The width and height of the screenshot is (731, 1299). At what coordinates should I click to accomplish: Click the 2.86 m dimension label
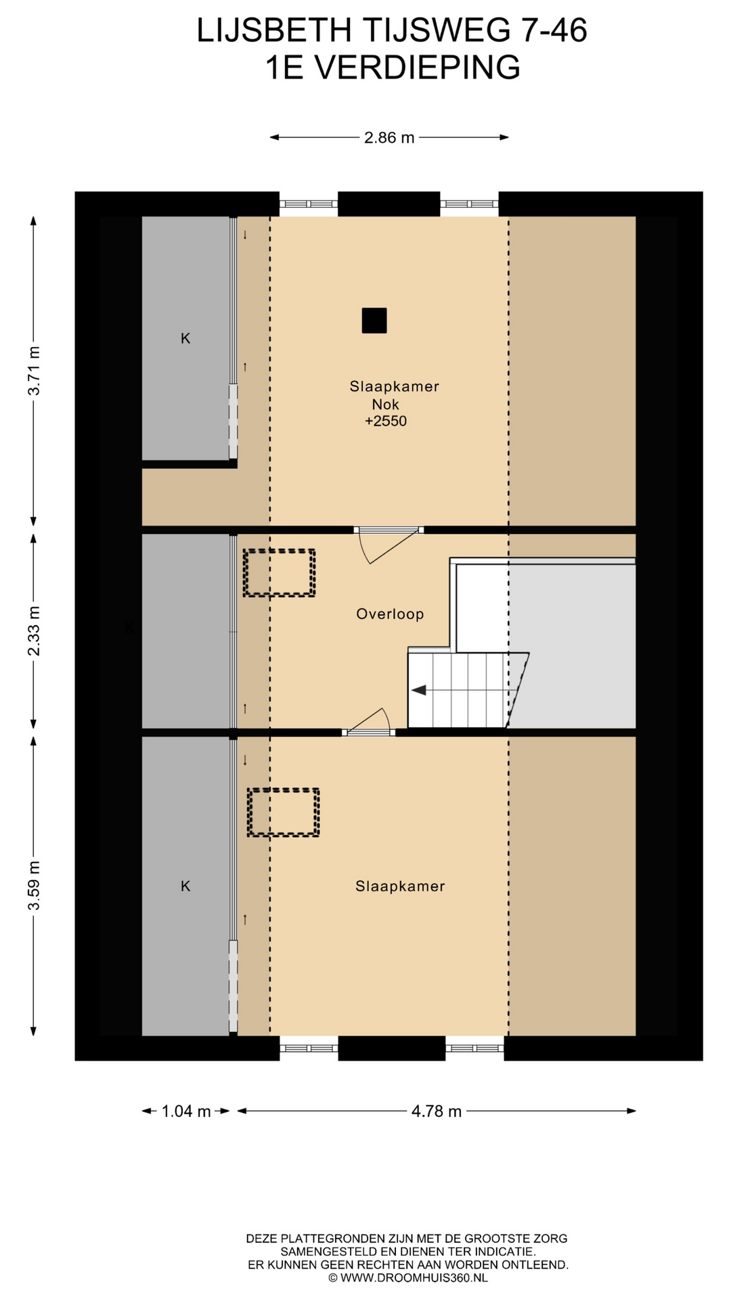[x=389, y=138]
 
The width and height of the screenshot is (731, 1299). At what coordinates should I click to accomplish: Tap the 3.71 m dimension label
[x=34, y=371]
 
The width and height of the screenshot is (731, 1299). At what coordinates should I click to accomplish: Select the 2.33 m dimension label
[x=34, y=631]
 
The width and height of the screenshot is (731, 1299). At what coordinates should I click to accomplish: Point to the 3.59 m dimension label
[x=34, y=886]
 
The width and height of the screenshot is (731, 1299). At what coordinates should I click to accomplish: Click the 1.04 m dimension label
[x=186, y=1111]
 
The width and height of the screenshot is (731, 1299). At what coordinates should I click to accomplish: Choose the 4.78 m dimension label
[x=437, y=1111]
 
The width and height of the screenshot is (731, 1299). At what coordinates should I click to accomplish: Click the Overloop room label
[x=390, y=614]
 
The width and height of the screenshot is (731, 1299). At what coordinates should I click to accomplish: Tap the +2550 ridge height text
[x=386, y=421]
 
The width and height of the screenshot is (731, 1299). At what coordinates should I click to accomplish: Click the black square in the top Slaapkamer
[x=374, y=321]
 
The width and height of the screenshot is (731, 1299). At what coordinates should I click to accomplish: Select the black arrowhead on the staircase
[x=419, y=690]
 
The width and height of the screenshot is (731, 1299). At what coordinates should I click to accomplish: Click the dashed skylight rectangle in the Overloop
[x=280, y=573]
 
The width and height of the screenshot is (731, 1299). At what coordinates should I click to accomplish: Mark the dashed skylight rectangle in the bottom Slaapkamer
[x=283, y=813]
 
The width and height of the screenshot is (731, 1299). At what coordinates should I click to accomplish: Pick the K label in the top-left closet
[x=185, y=338]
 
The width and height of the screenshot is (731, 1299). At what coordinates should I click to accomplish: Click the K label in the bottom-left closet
[x=185, y=886]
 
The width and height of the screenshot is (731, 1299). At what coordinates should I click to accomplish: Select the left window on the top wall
[x=309, y=204]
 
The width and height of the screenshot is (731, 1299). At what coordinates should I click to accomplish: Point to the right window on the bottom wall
[x=474, y=1048]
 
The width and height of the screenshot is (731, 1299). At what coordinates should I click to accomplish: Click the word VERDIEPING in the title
[x=418, y=68]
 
